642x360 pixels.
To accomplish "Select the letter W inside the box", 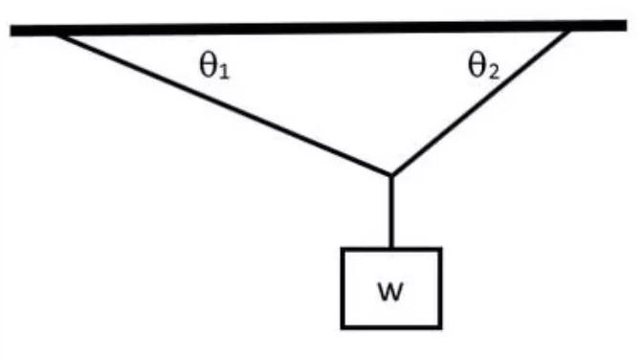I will coord(392,288).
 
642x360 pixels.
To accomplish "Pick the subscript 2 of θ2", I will coord(495,73).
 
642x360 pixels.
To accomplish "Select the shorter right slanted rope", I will coord(478,103).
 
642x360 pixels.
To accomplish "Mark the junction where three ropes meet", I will coord(391,175).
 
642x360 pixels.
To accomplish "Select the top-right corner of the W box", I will coord(440,249).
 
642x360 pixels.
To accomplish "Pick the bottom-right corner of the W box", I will coord(440,326).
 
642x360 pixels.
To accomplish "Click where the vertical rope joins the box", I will coord(391,248).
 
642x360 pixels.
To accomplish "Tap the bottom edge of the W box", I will coord(392,326).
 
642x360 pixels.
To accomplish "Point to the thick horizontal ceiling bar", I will coord(316,29).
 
